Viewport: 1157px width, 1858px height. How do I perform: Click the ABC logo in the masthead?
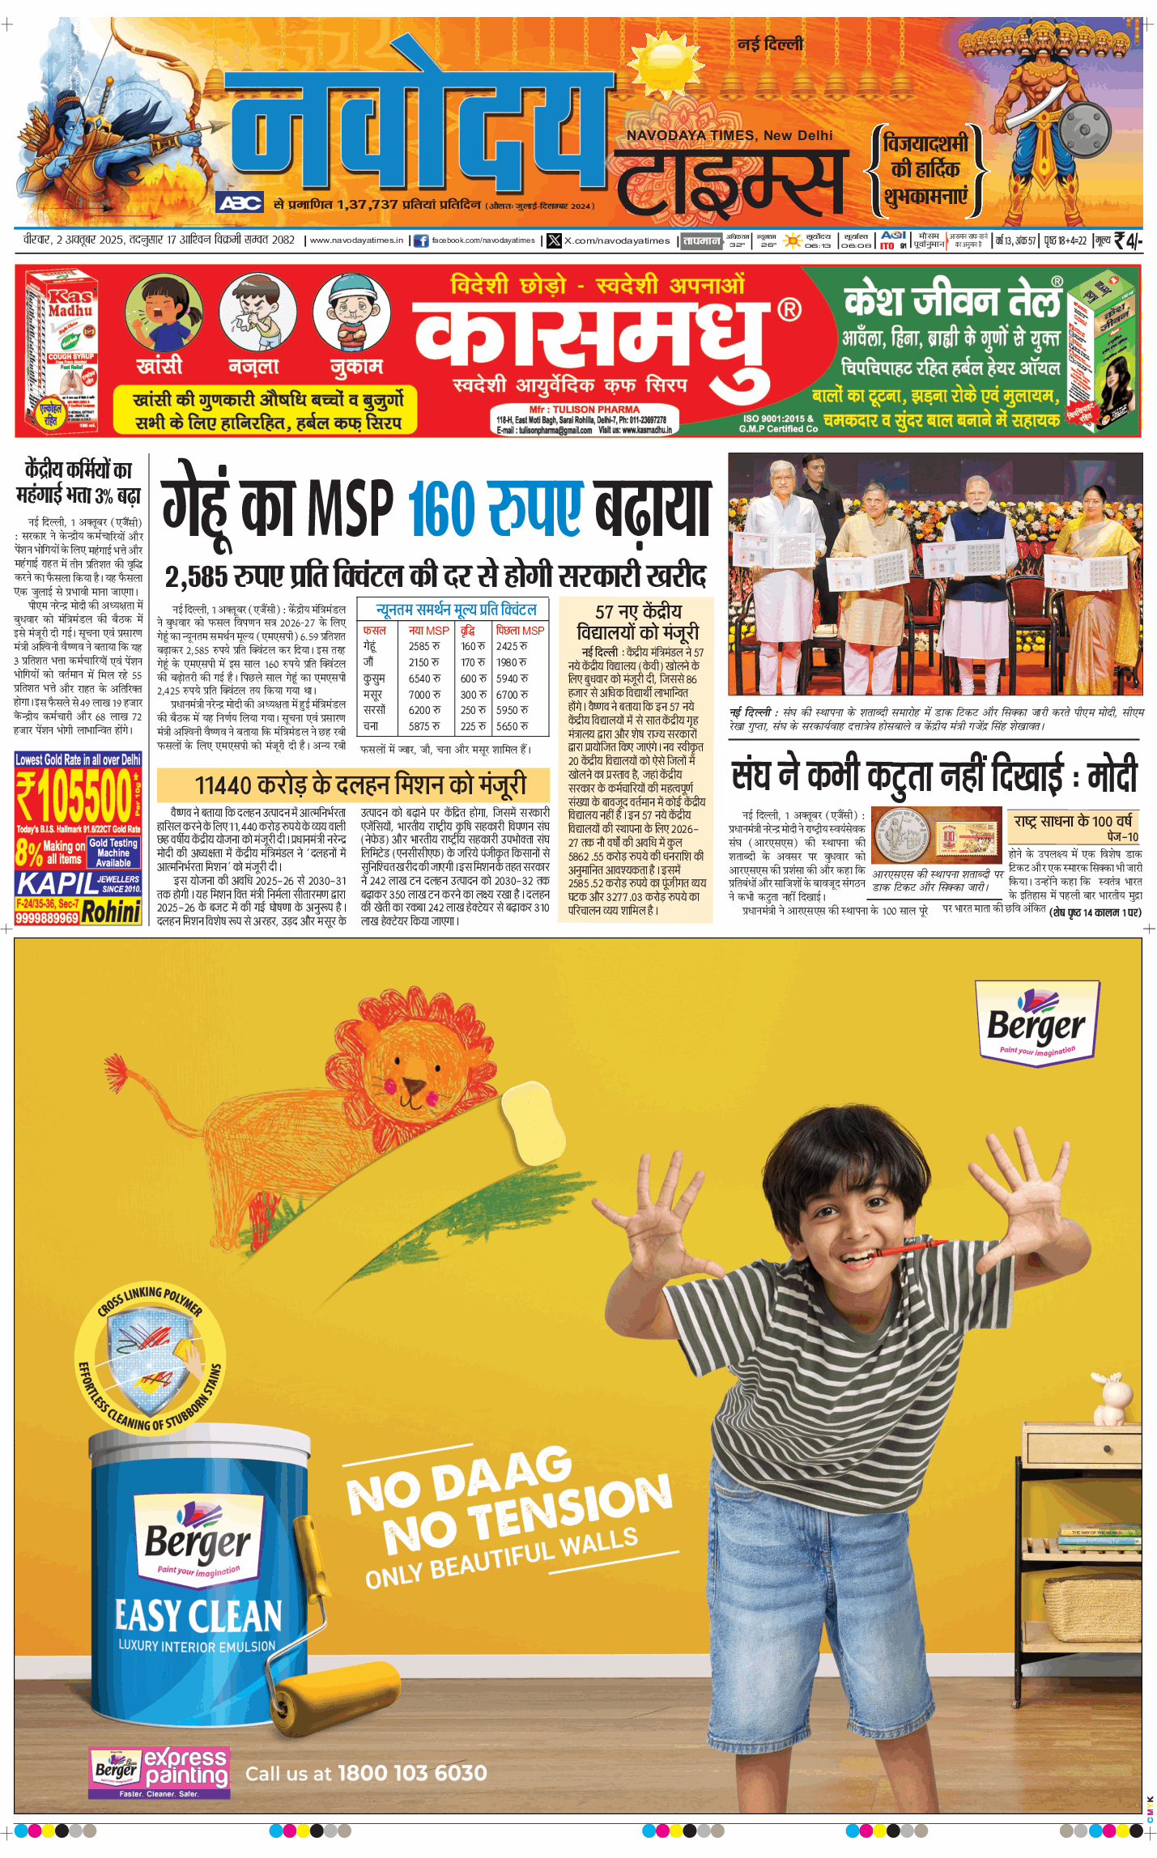pyautogui.click(x=240, y=202)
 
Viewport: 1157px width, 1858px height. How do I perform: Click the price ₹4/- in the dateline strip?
pyautogui.click(x=1128, y=240)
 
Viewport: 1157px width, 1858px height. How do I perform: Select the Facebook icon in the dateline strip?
pyautogui.click(x=421, y=240)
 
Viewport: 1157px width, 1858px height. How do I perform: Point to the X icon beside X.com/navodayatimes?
pyautogui.click(x=554, y=240)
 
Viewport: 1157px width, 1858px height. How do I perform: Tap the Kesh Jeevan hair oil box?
pyautogui.click(x=1103, y=352)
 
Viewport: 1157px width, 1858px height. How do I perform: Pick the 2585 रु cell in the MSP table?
pyautogui.click(x=424, y=646)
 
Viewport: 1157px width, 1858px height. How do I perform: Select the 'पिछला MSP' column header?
pyautogui.click(x=520, y=630)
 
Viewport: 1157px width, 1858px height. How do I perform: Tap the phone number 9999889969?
pyautogui.click(x=47, y=917)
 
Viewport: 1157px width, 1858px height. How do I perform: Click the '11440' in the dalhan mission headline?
pyautogui.click(x=223, y=784)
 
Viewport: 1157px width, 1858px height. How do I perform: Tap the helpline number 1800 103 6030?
pyautogui.click(x=412, y=1773)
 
